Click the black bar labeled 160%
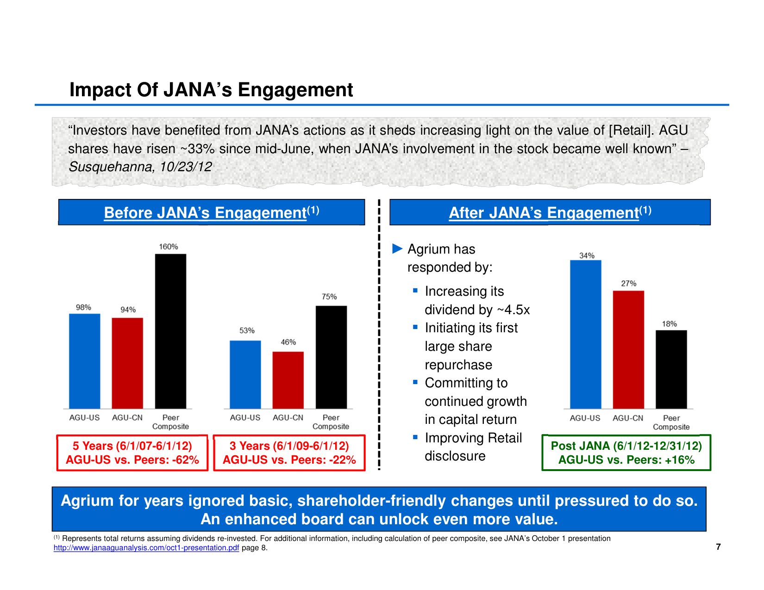pos(170,331)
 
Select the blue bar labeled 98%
pos(85,361)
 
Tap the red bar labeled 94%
pos(127,363)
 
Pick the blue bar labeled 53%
pos(245,374)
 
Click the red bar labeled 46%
pos(288,380)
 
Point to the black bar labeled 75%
pos(331,357)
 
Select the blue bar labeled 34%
pos(586,334)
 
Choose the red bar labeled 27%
pos(628,349)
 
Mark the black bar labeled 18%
pos(671,369)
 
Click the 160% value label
pos(169,247)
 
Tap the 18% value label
pos(669,324)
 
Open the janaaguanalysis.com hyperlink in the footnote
pos(146,548)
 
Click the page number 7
pos(718,547)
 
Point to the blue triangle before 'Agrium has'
pos(397,249)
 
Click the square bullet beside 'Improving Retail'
pos(415,437)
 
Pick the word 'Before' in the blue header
pos(127,213)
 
